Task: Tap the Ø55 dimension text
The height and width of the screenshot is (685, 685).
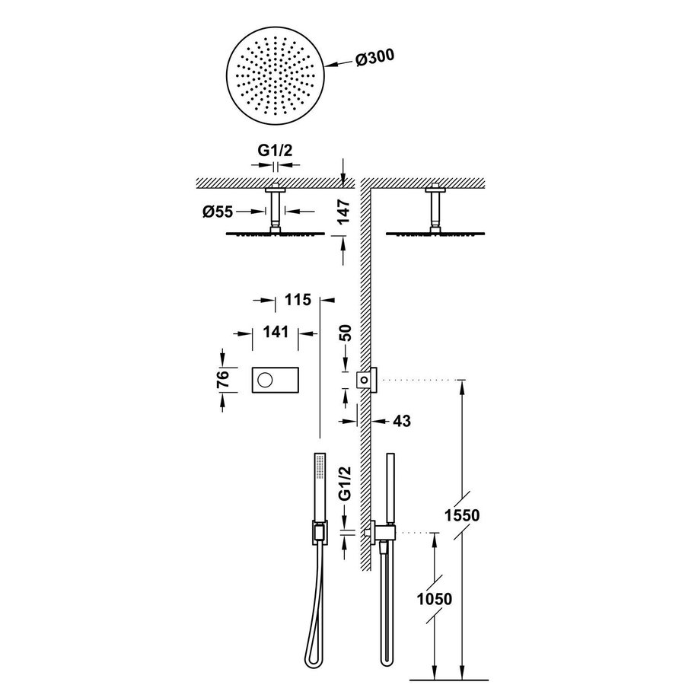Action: coord(218,212)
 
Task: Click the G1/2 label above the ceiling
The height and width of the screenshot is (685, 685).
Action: coord(275,150)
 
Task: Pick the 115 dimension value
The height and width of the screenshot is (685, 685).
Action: coord(298,300)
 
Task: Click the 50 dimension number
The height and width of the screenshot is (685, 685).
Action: coord(346,333)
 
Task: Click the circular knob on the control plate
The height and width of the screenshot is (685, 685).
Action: coord(266,378)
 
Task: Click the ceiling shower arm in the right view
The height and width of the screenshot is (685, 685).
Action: coord(435,205)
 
